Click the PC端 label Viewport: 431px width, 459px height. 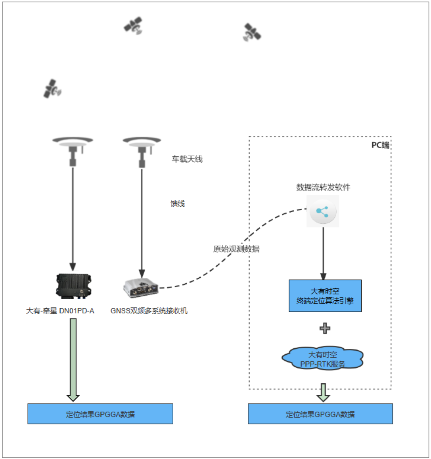pyautogui.click(x=380, y=145)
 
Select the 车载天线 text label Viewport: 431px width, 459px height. pyautogui.click(x=187, y=159)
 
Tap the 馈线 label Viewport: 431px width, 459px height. pyautogui.click(x=178, y=204)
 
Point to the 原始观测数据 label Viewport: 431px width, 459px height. pyautogui.click(x=236, y=249)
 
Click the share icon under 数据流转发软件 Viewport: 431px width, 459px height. pyautogui.click(x=323, y=211)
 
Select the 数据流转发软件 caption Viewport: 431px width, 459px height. pyautogui.click(x=323, y=187)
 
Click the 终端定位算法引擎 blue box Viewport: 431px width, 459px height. pyautogui.click(x=325, y=296)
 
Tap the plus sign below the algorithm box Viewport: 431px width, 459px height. pyautogui.click(x=325, y=328)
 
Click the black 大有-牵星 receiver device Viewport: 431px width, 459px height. pyautogui.click(x=73, y=285)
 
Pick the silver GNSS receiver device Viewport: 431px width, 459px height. pyautogui.click(x=141, y=287)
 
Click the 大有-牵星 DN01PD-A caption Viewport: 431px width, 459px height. pyautogui.click(x=60, y=311)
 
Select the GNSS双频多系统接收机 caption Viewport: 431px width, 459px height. pyautogui.click(x=149, y=311)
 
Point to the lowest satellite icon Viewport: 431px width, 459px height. pyautogui.click(x=52, y=88)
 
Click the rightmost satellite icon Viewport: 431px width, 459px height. pyautogui.click(x=251, y=32)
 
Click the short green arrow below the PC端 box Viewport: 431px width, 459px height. pyautogui.click(x=323, y=392)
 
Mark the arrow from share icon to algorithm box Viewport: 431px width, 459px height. pyautogui.click(x=323, y=254)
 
